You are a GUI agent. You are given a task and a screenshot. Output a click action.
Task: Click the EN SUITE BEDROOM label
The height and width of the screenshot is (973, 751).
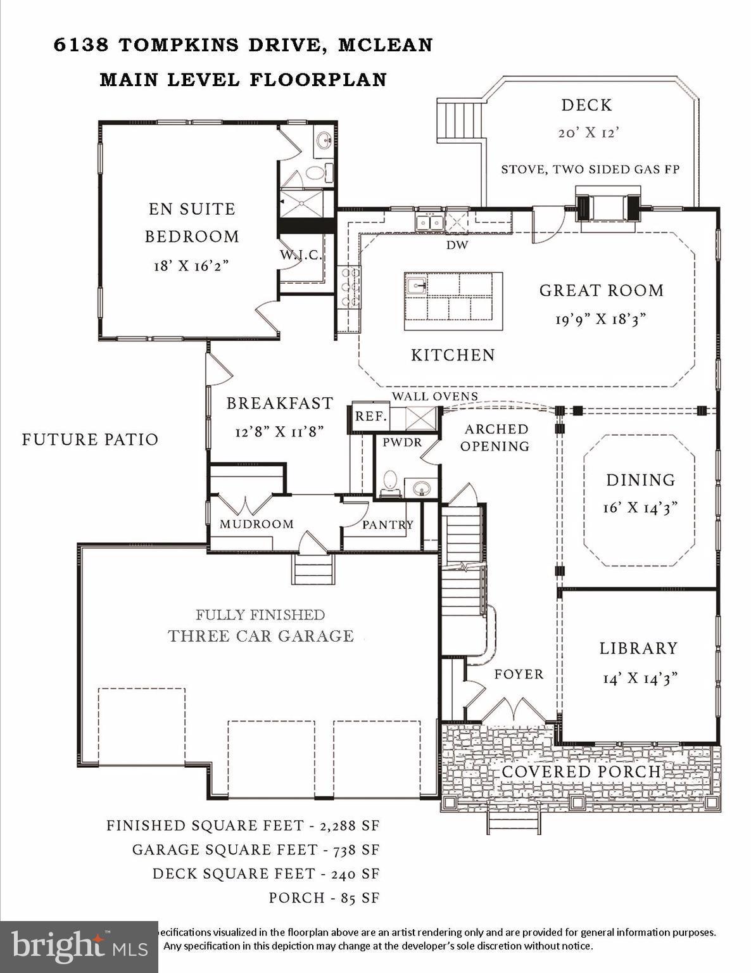[191, 222]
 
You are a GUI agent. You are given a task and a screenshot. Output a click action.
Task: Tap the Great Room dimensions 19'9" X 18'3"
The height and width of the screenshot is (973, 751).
[600, 319]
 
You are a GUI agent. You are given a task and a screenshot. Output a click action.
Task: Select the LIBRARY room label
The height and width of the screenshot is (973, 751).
[638, 648]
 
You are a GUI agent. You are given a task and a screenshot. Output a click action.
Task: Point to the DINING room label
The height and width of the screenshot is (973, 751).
[640, 480]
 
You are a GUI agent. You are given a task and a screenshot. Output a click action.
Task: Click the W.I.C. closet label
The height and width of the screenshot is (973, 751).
[301, 255]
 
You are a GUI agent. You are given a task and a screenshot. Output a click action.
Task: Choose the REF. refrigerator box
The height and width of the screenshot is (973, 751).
[370, 416]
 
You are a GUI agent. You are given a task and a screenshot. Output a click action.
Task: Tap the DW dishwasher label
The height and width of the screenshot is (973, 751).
[457, 245]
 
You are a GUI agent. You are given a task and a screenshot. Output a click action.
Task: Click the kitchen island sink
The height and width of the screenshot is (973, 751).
[416, 286]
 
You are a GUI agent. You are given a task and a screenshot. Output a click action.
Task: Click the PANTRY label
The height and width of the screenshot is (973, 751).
[388, 525]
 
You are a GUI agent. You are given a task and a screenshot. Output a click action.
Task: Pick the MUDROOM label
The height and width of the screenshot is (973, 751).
[256, 524]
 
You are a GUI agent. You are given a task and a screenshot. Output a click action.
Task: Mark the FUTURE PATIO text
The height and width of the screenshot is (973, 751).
[90, 440]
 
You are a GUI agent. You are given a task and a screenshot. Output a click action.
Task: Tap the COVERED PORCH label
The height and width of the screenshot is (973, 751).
[581, 772]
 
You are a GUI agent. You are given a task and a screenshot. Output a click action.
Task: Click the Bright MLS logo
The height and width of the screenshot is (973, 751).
[79, 946]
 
